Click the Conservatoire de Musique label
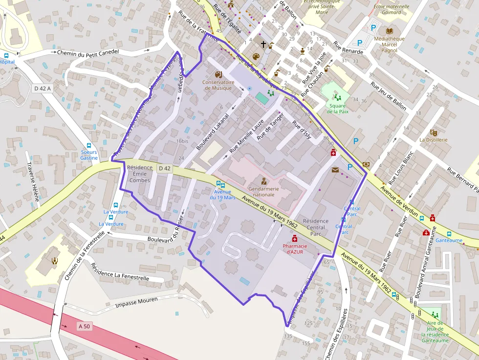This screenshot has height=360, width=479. coord(218,85)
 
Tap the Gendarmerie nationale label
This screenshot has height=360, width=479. coord(264,191)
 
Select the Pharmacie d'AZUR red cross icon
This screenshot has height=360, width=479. coord(295,238)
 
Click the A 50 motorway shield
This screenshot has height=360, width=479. coord(84,326)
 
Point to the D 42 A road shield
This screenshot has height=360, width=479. coord(43,88)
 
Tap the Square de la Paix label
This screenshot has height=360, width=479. coord(337,108)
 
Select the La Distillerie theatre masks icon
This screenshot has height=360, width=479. coord(433,132)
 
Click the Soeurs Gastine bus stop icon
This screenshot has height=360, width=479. coord(89,146)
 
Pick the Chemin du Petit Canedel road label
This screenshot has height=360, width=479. coord(88,52)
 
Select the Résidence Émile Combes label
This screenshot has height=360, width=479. coord(140,174)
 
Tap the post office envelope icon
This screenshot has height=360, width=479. coord(335,170)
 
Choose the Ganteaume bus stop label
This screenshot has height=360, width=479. coord(449,240)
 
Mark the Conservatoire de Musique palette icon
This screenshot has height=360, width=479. coord(218,74)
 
